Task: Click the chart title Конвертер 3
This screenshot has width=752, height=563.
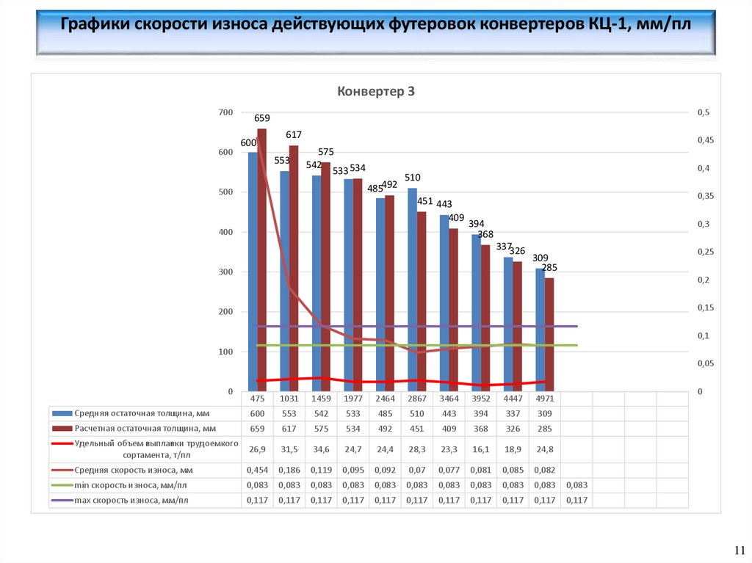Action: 376,92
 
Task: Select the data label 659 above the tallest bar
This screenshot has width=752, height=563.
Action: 262,118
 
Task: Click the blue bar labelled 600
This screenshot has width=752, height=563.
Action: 253,272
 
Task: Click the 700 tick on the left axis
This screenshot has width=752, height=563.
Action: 225,112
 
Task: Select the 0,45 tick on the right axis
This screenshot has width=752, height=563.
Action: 704,140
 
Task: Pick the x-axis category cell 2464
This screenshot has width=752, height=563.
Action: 385,399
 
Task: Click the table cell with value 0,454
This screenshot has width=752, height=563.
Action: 257,470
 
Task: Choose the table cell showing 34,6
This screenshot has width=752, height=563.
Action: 321,448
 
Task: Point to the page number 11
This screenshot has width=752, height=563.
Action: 739,551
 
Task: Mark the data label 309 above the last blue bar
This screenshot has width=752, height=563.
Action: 540,258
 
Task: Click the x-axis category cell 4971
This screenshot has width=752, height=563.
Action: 544,399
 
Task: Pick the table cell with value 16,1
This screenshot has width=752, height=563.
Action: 480,448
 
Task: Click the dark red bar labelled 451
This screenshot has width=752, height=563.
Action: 422,301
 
